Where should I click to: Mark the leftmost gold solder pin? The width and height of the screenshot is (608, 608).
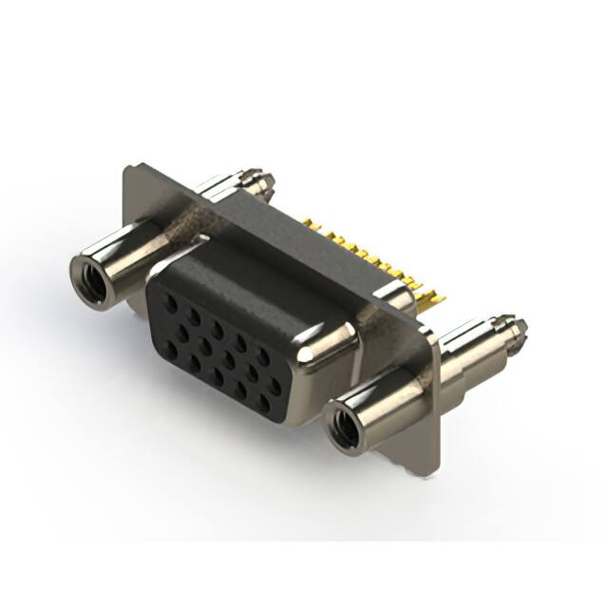pos(311,224)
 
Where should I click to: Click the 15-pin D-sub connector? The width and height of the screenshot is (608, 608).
pos(285,313)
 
